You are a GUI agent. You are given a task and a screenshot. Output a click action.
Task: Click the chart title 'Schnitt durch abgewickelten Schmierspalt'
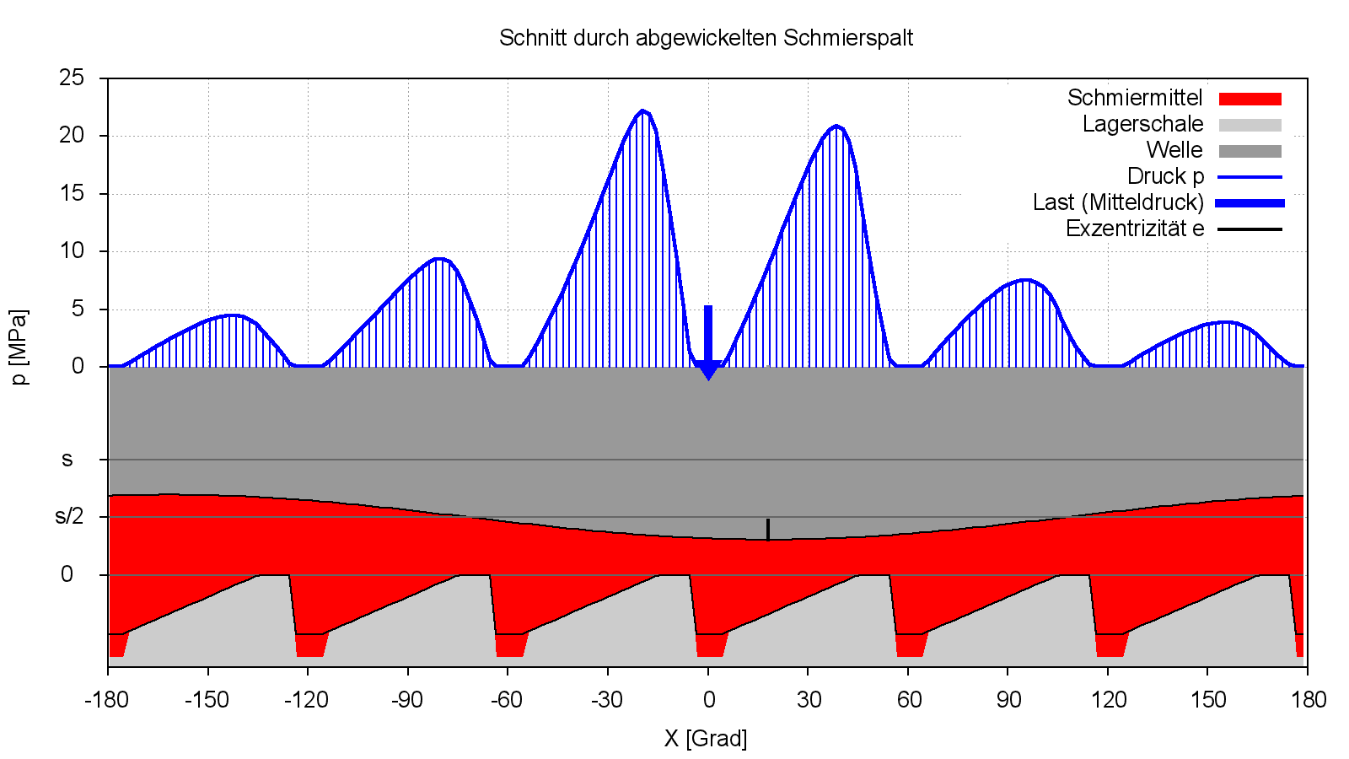pos(706,38)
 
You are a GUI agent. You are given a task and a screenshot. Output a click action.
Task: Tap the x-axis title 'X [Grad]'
pos(706,739)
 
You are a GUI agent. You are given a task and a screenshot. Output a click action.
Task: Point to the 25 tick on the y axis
pos(72,78)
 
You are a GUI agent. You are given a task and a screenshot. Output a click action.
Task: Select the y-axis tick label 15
pos(72,194)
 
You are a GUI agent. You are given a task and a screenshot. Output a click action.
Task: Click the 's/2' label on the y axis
pos(69,516)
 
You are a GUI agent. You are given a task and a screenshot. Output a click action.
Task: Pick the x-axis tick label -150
pos(207,700)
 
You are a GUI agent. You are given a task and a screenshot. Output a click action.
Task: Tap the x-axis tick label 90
pos(1008,700)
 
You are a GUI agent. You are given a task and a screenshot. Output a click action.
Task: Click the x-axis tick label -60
pos(507,700)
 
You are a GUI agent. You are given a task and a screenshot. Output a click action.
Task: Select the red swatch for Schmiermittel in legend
pos(1250,100)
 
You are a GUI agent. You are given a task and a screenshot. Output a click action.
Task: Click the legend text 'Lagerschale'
pos(1142,125)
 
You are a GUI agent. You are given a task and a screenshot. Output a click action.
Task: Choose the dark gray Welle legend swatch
pos(1250,152)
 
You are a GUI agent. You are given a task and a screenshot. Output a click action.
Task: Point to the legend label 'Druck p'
pos(1165,177)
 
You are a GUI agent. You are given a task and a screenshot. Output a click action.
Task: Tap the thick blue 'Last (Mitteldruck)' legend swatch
pos(1250,203)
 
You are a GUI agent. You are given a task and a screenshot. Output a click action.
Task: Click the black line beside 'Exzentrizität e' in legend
pos(1250,229)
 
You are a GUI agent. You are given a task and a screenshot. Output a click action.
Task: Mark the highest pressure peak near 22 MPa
pos(642,110)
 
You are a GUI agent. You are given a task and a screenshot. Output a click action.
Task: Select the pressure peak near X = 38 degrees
pos(836,126)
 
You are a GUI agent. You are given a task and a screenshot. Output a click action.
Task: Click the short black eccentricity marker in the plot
pos(767,529)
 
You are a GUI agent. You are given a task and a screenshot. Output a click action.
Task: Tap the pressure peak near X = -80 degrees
pos(438,259)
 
